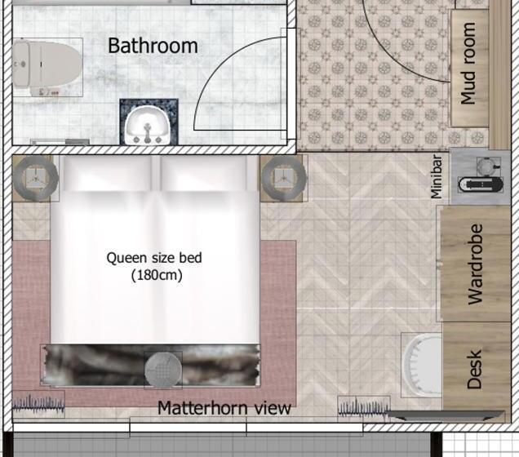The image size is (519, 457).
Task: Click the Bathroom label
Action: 153,46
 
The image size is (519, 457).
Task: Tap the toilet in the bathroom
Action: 47,65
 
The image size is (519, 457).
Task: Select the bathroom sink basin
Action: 148,126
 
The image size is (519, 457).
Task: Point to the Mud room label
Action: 468,64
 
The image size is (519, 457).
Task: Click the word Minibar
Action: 436,177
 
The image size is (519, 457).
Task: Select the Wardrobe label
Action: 475,264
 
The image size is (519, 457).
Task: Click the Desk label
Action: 474,370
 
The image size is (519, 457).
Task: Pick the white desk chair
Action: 422,365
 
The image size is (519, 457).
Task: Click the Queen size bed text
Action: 154,258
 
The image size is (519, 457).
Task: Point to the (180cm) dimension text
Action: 157,275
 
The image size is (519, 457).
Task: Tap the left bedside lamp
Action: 36,178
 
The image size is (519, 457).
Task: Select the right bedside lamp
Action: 283,178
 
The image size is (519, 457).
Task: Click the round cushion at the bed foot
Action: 163,370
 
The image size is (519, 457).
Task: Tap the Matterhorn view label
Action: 224,408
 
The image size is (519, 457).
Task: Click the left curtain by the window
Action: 38,403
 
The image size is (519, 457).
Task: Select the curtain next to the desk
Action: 363,407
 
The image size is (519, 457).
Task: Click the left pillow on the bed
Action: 108,173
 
